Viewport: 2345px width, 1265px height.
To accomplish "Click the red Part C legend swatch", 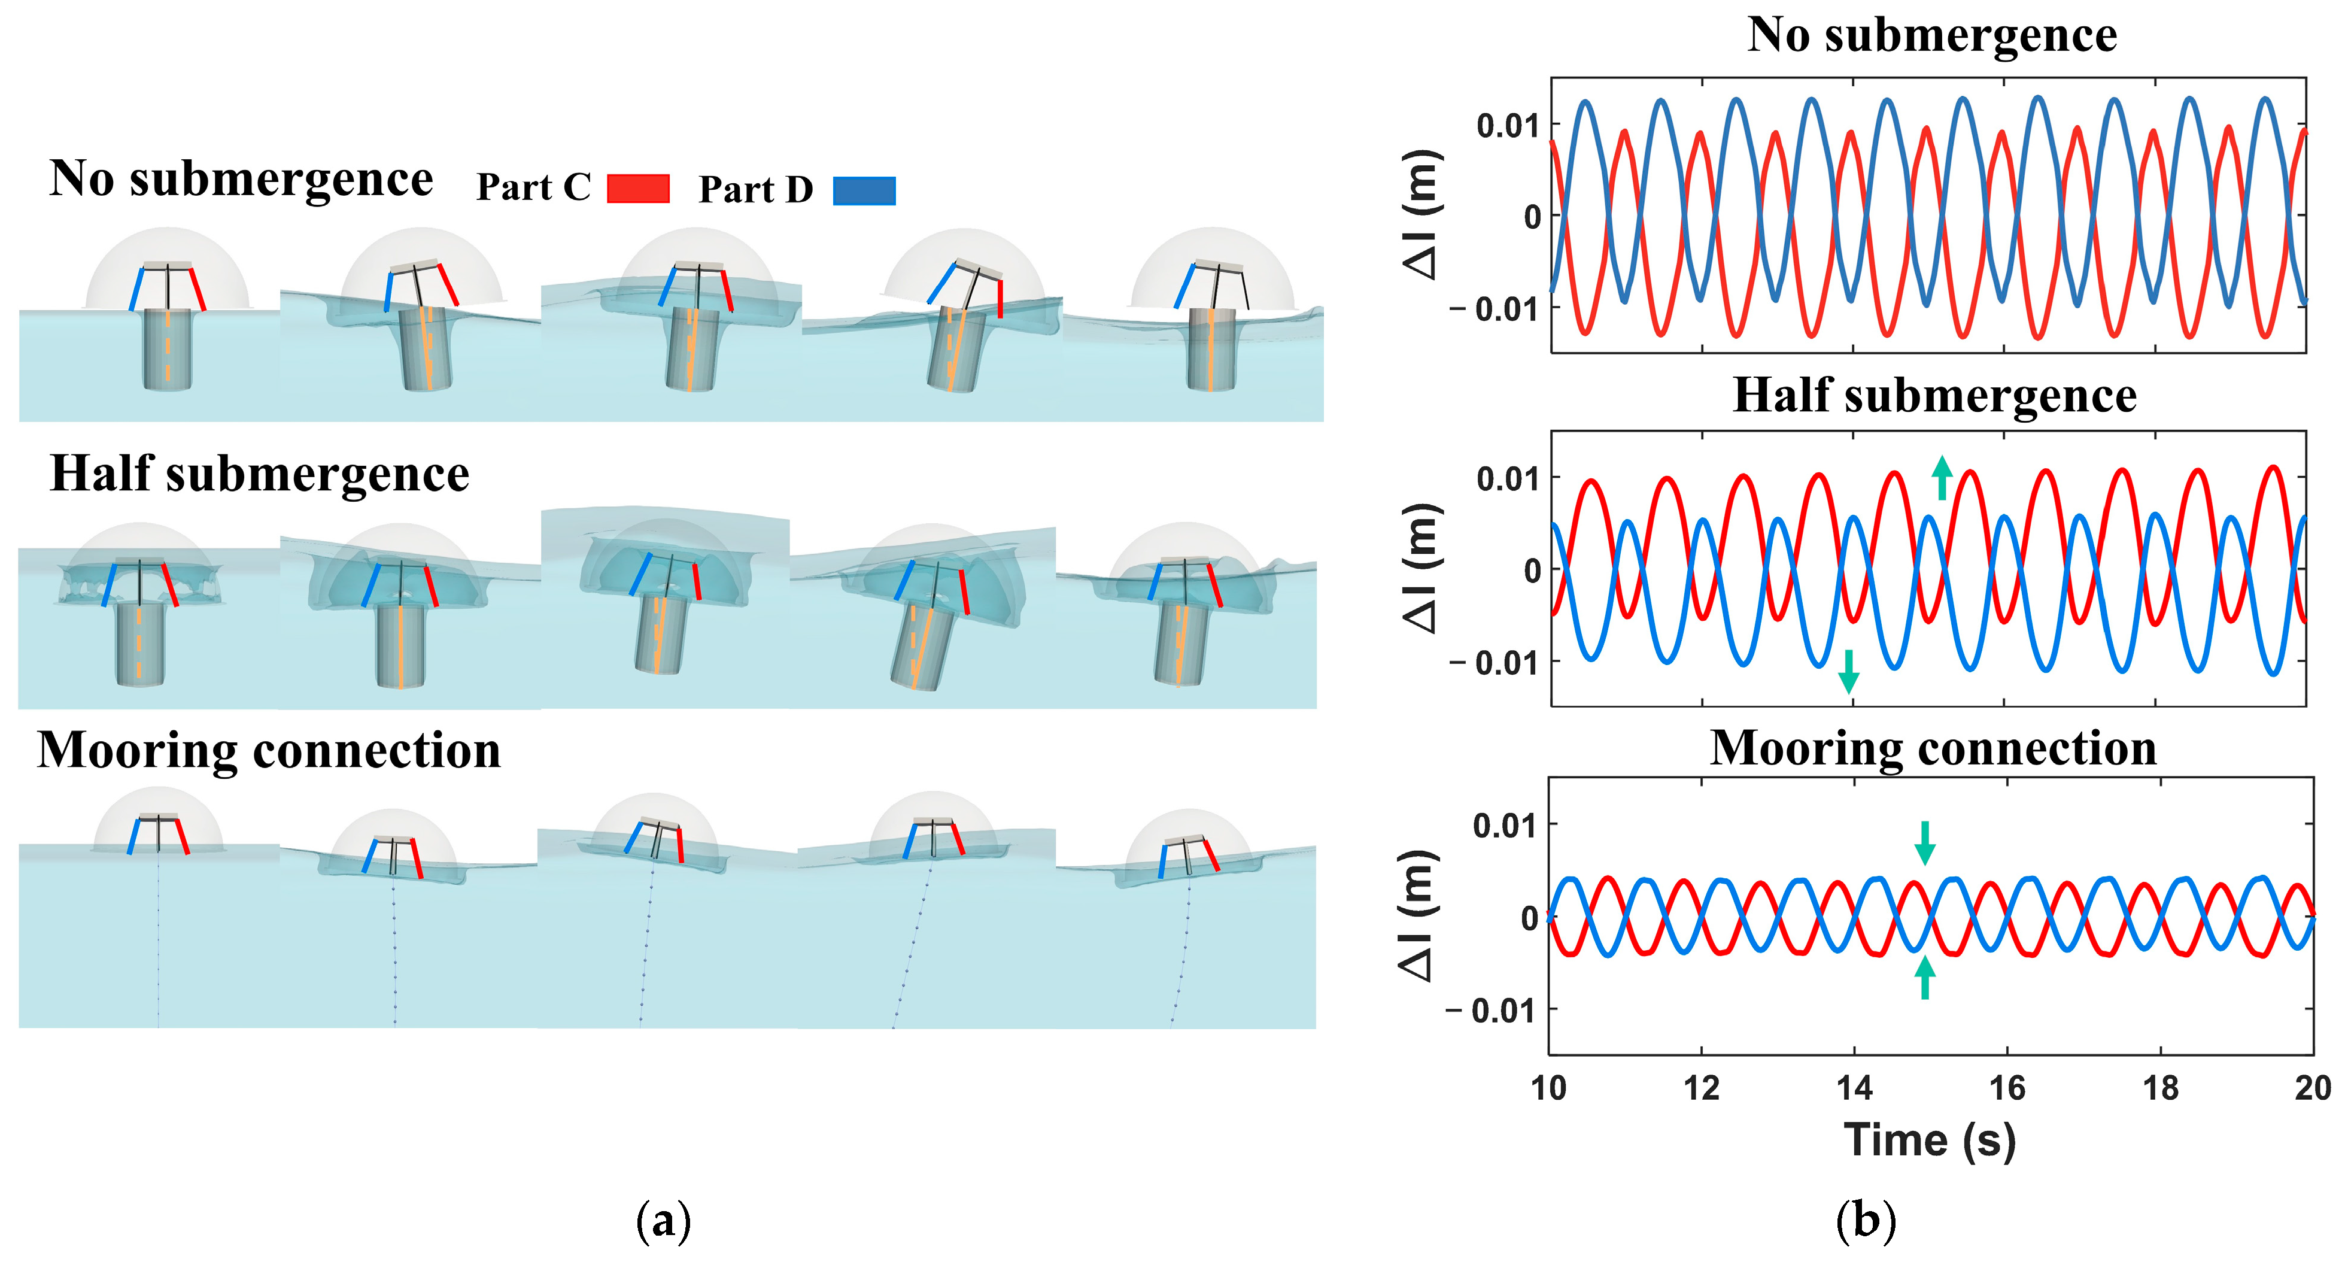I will [638, 189].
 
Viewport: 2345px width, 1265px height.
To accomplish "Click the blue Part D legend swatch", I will [864, 190].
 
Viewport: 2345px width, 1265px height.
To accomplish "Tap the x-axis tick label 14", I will [1854, 1087].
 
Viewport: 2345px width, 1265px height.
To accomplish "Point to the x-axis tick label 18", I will [2160, 1087].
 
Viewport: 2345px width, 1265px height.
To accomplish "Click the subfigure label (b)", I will [1866, 1220].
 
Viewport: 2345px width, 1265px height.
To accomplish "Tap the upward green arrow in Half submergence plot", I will [1942, 478].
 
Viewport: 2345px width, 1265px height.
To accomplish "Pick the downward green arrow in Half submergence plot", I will [1848, 671].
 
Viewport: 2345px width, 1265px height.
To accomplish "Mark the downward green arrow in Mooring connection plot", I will [1924, 842].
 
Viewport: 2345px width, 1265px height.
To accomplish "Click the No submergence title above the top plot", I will [1931, 37].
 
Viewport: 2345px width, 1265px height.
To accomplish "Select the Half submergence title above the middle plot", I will [1934, 395].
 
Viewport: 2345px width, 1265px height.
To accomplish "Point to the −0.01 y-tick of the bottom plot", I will [1491, 1010].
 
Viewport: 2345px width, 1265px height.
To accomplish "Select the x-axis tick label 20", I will [2312, 1087].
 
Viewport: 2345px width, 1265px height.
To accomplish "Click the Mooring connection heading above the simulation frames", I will [269, 751].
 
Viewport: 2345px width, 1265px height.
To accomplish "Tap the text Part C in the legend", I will [533, 187].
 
